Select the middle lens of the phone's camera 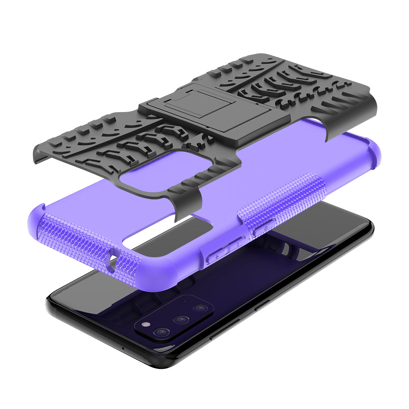pyautogui.click(x=180, y=319)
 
